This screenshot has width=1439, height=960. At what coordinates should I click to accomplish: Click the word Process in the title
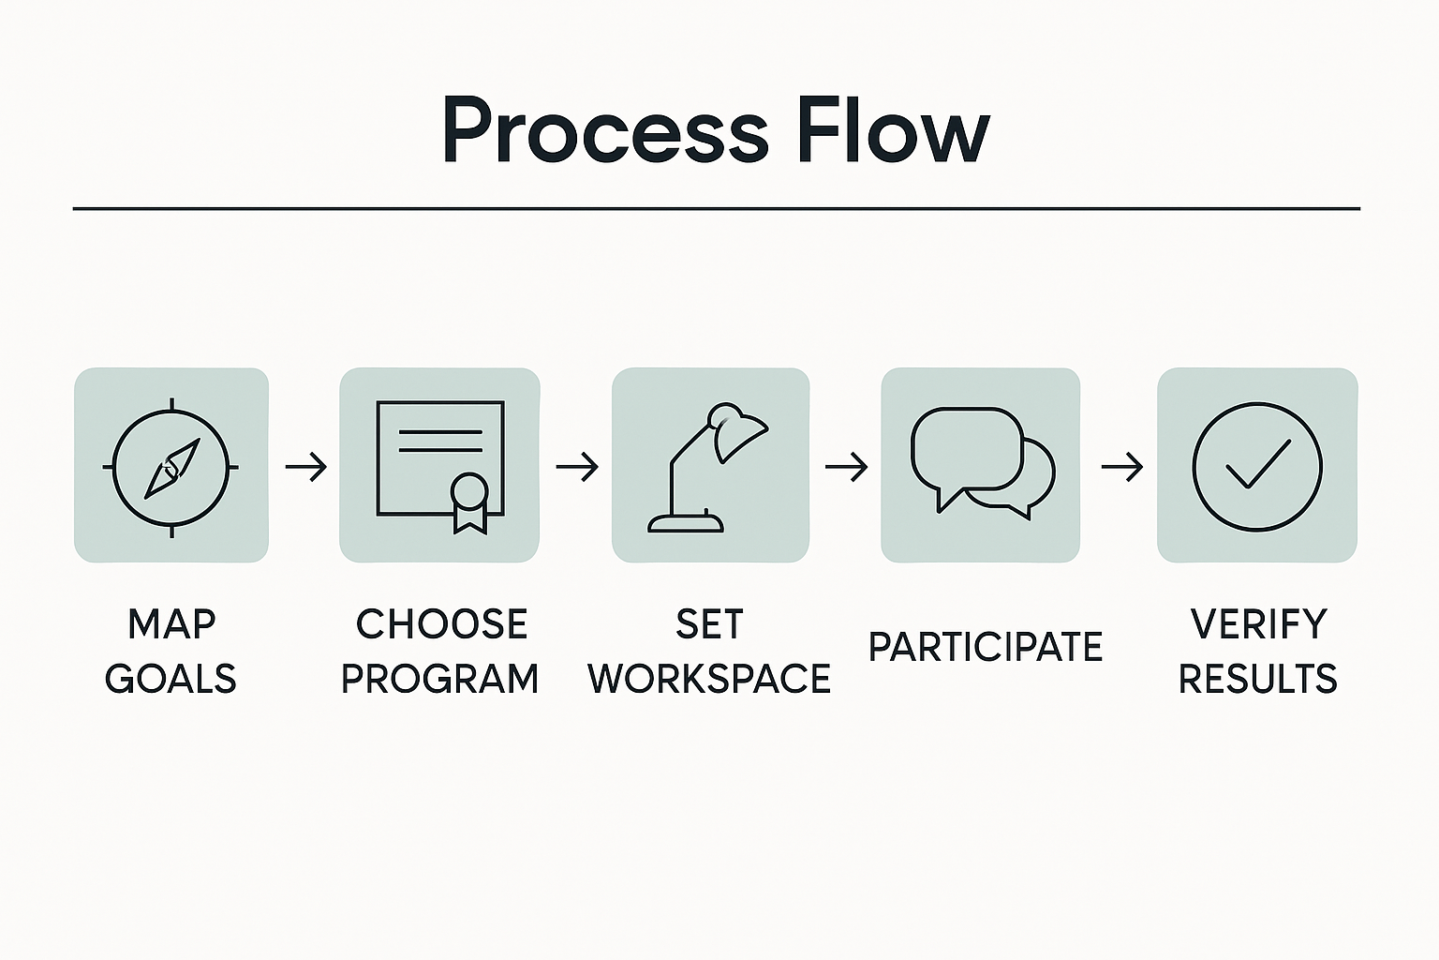click(x=604, y=131)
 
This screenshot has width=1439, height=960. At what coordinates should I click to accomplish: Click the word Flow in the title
click(x=893, y=131)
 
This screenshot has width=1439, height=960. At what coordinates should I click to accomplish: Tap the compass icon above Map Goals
click(x=171, y=466)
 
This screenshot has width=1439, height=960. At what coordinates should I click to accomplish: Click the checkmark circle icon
click(x=1257, y=466)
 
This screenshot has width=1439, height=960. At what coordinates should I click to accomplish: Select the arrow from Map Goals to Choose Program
click(x=305, y=466)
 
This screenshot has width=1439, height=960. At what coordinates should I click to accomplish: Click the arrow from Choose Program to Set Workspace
click(x=576, y=466)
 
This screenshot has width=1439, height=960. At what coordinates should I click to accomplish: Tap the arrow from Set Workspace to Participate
click(x=846, y=466)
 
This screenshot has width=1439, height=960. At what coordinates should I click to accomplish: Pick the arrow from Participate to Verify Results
click(x=1120, y=466)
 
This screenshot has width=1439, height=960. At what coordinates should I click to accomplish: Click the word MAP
click(x=171, y=624)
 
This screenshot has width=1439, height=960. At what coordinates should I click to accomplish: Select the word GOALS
click(x=171, y=679)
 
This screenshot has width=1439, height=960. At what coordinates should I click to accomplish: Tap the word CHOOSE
click(x=441, y=624)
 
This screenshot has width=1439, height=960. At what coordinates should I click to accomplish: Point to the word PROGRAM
click(x=439, y=679)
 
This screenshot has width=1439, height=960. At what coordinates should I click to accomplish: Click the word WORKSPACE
click(x=709, y=679)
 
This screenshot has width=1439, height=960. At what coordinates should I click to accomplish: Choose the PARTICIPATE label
click(x=985, y=647)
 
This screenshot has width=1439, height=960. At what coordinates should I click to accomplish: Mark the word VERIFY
click(x=1258, y=624)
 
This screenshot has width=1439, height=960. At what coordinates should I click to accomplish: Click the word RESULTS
click(x=1257, y=679)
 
